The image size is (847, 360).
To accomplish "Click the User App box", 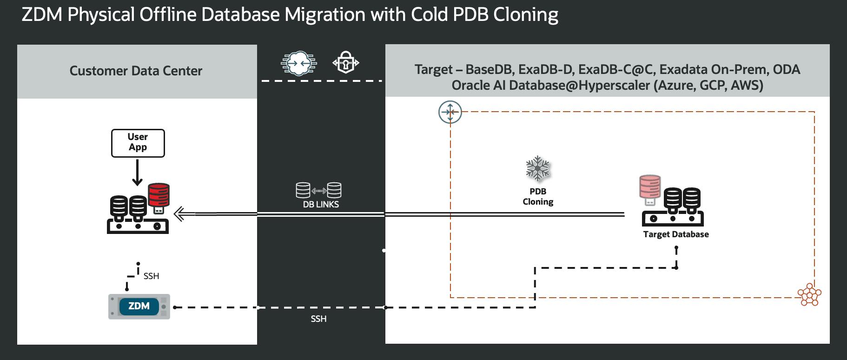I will point(138,143).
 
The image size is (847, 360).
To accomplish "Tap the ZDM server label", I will point(139,306).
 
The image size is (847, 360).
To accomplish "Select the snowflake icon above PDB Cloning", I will point(537,168).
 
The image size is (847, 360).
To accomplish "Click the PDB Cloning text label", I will point(538,196).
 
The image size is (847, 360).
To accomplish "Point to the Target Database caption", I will point(675,234).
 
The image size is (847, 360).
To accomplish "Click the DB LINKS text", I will point(321,204).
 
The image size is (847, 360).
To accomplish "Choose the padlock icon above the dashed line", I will point(345,62).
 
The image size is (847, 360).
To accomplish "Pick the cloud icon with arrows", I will point(298,63).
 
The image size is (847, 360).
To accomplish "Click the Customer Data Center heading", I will point(136,71).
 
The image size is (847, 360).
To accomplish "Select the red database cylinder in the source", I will point(159,195).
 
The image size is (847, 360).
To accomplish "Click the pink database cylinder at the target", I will point(650,187).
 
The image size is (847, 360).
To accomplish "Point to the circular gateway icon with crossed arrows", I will point(450,112).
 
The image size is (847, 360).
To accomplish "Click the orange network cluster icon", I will point(809,294).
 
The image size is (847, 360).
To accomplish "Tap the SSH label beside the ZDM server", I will point(151,276).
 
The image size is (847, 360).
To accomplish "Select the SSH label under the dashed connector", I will point(318,319).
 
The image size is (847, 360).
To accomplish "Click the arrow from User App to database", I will point(137,173).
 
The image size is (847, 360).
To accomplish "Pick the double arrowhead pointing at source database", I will point(179,214).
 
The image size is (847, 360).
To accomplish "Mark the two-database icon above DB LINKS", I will point(318,190).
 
